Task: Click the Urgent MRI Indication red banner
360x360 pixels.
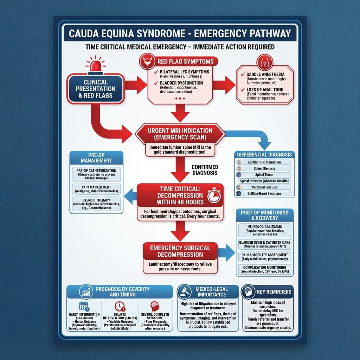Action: tap(180, 133)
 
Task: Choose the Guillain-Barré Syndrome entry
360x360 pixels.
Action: tap(264, 194)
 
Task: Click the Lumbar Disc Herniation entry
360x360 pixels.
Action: tap(264, 162)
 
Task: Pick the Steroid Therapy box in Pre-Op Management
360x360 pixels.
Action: tap(96, 204)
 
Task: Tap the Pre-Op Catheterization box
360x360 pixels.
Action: tap(96, 174)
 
